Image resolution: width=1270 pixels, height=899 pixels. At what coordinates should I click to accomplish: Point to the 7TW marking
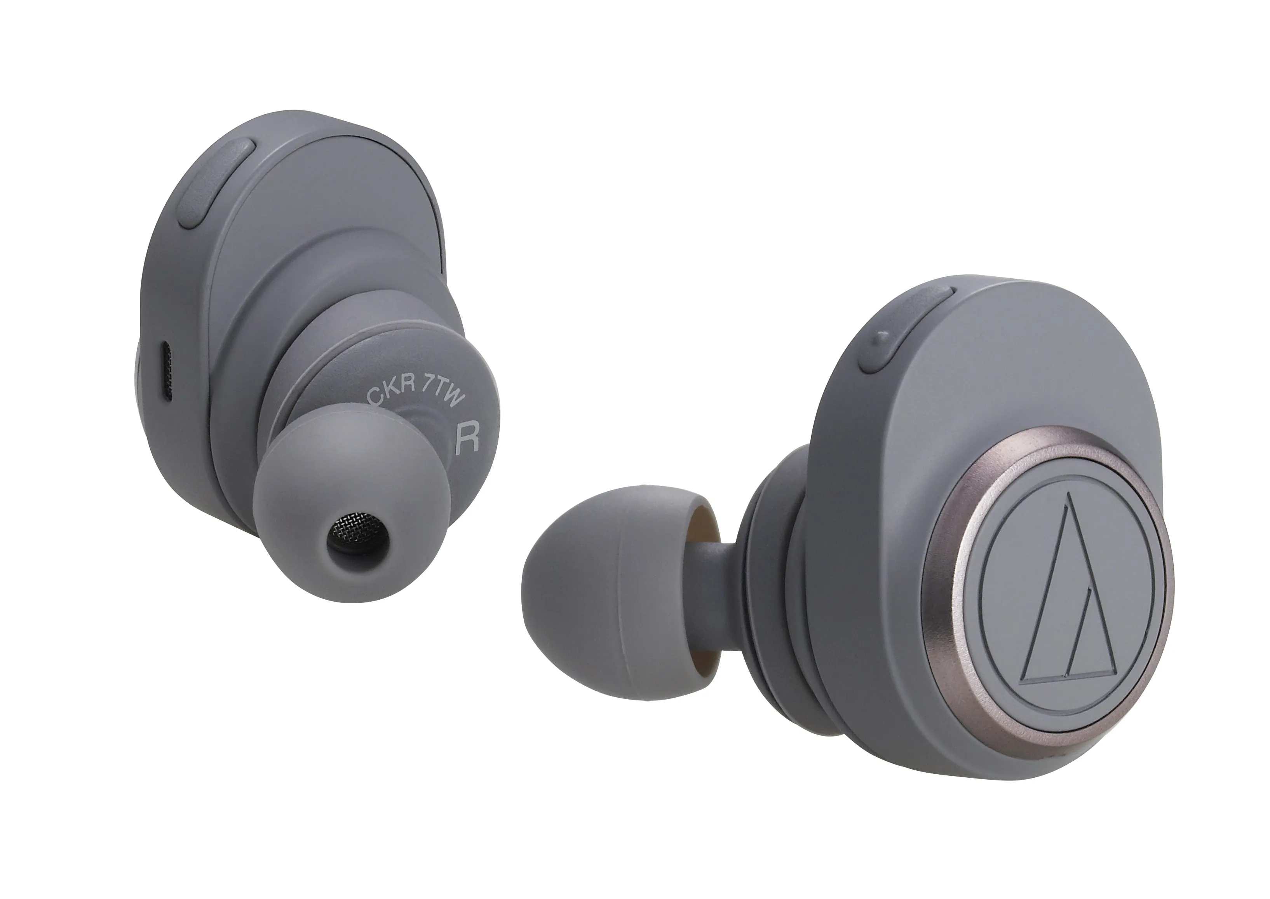pos(440,398)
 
